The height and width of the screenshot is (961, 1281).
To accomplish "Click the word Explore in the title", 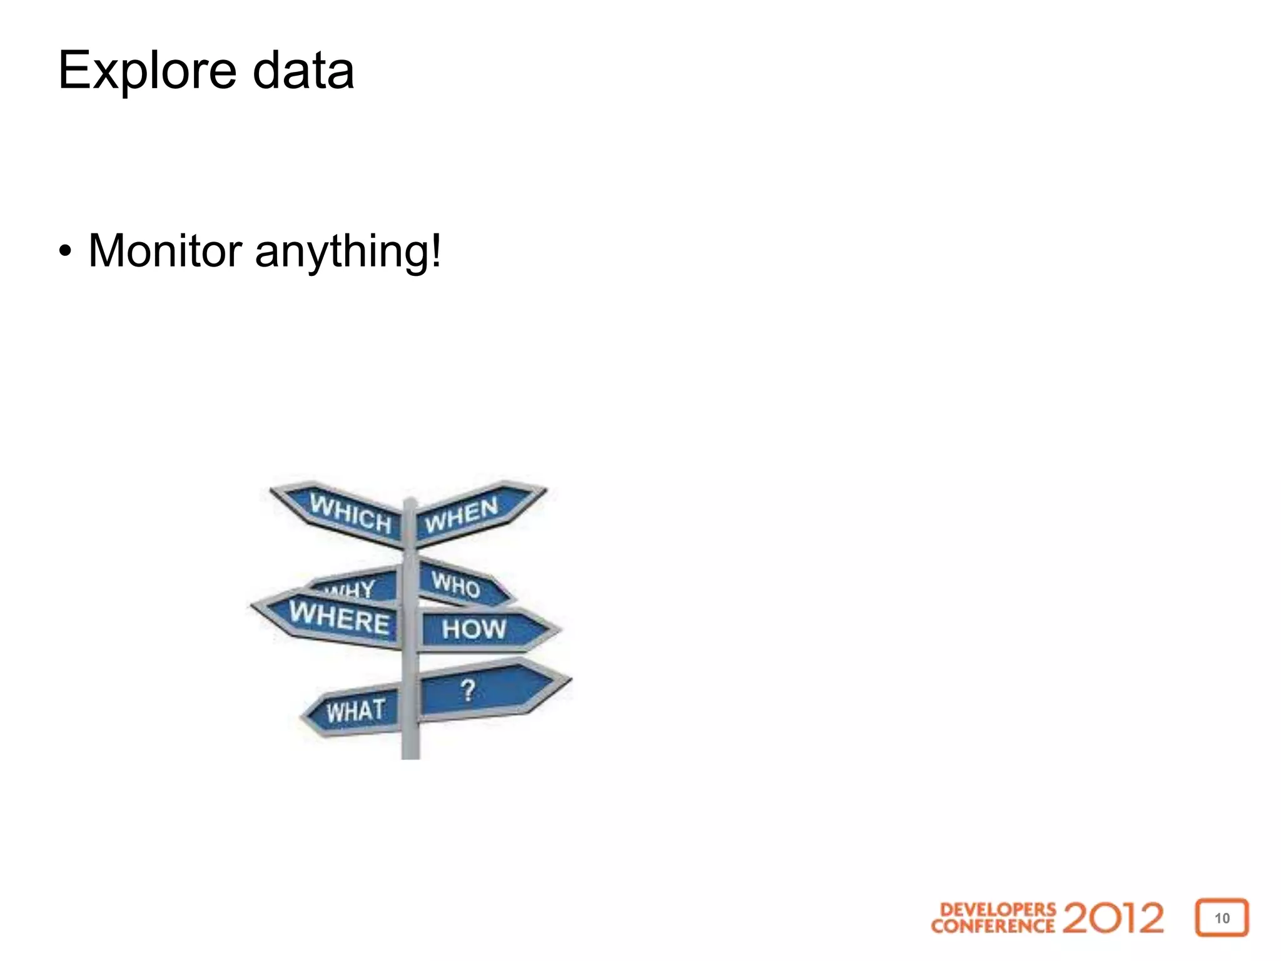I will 147,71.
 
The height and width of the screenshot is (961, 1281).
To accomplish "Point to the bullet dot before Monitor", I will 65,252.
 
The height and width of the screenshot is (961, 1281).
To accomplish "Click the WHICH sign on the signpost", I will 350,513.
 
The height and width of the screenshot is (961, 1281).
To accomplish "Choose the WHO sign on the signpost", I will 457,584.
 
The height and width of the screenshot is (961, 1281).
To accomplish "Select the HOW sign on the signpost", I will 474,629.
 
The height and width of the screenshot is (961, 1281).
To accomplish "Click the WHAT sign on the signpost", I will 355,711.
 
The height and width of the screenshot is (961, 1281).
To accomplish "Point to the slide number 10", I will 1222,918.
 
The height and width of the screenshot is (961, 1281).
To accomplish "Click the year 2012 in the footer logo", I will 1113,918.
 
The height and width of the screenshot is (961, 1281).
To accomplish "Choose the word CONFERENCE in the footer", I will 993,925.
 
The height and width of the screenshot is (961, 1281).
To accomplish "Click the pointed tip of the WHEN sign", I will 544,490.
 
